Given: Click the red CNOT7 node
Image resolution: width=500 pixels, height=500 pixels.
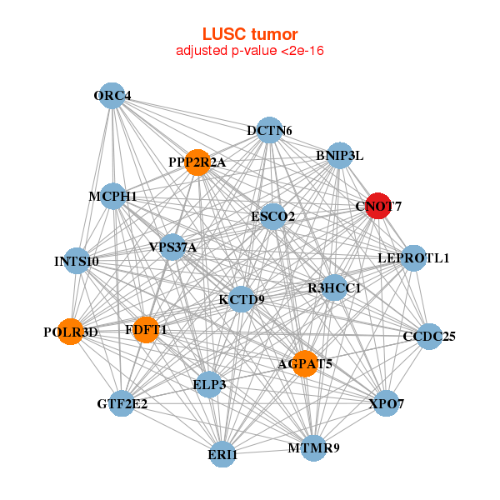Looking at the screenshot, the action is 378,206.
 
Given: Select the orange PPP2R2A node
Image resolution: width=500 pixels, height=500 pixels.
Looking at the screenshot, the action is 197,162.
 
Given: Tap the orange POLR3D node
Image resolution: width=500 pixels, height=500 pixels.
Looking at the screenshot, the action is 71,332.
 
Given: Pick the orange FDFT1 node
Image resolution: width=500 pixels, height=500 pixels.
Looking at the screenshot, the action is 146,330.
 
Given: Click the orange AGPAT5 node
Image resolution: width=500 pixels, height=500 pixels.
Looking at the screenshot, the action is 305,363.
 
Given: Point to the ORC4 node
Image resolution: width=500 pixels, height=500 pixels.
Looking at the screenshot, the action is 112,96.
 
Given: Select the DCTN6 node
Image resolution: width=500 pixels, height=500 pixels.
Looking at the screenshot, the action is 269,130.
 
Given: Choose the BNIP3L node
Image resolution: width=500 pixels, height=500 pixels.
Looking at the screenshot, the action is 339,155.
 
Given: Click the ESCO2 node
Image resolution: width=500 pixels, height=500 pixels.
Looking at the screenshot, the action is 273,217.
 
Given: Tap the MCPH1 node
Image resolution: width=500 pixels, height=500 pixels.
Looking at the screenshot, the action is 112,197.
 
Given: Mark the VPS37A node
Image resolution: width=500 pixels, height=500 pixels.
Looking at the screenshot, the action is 172,247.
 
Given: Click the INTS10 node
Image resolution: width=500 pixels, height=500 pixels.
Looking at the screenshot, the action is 77,261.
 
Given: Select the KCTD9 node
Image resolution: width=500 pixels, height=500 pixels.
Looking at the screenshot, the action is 242,299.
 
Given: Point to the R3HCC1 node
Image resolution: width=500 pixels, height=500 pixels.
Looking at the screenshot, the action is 333,288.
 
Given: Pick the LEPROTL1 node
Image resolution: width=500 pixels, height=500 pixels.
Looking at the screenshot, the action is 413,258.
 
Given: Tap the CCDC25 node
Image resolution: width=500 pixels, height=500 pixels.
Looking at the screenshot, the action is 429,337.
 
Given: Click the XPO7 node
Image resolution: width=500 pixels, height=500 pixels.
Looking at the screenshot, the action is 386,404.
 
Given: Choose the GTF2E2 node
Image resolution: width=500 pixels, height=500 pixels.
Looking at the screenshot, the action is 122,404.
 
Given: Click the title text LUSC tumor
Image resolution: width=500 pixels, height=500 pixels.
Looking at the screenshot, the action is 250,34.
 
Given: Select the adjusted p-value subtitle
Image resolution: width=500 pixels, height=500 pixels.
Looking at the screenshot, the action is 250,51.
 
